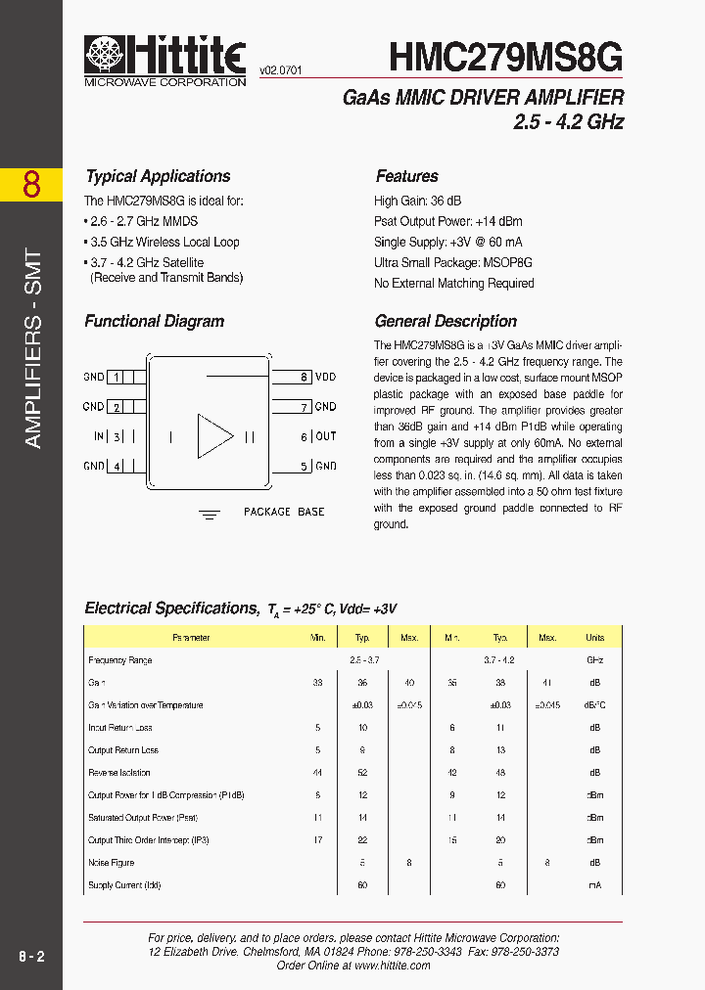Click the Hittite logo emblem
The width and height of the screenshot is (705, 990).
[x=105, y=55]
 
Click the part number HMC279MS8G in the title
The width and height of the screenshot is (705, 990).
[x=505, y=58]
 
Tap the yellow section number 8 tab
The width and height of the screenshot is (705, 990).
[x=31, y=184]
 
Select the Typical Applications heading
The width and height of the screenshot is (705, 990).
[x=158, y=176]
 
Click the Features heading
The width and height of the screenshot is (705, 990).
[x=406, y=176]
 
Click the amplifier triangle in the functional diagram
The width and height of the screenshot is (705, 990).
[x=214, y=436]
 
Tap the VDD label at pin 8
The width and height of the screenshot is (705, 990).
[x=325, y=377]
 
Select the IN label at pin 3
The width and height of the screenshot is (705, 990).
[x=98, y=436]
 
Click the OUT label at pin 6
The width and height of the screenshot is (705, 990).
[x=325, y=436]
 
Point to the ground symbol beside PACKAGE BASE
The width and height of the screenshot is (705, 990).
[x=209, y=513]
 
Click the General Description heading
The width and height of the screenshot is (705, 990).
[x=446, y=321]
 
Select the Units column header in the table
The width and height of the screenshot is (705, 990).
[x=594, y=638]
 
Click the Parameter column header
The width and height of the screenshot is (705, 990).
[x=191, y=638]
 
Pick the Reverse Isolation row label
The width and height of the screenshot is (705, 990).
[x=119, y=773]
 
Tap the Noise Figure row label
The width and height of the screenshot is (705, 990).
[x=111, y=863]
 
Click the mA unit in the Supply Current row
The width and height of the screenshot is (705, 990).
[x=594, y=885]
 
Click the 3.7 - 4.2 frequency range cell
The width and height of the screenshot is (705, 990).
[x=498, y=660]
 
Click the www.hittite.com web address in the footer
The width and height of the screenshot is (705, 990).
[x=392, y=965]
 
